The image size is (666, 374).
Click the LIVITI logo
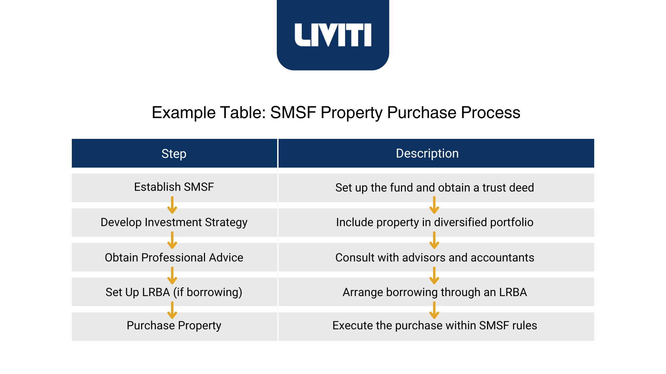coord(333,35)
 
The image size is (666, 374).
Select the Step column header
coord(174,154)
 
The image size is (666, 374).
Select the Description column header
coord(427,153)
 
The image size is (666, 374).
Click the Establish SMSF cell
coord(174,187)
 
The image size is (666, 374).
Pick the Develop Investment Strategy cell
coord(174,222)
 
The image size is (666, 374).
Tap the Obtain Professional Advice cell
coord(174,258)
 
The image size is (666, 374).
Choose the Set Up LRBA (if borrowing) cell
coord(174,292)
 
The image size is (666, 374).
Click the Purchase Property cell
coord(174,326)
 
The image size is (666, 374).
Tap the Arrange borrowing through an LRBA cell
coord(435,292)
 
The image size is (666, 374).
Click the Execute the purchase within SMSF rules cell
coord(435,326)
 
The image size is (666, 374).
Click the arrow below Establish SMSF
coord(172,205)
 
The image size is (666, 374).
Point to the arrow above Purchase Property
coord(172,310)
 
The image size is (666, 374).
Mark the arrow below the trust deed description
coord(434,205)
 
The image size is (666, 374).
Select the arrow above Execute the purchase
coord(434,310)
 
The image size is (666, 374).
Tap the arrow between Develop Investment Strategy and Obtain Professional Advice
coord(172,240)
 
